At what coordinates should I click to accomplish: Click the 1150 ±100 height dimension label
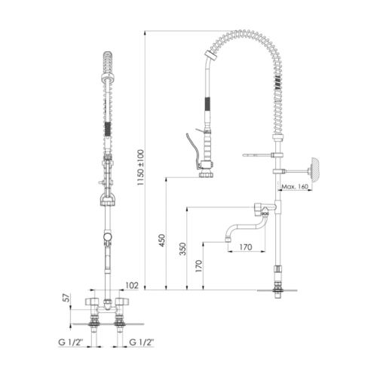coord(141,167)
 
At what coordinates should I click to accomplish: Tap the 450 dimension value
coord(162,241)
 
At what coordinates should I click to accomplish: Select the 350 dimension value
coord(182,249)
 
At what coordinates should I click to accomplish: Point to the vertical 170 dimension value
coord(198,266)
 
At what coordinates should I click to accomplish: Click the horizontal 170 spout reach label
coord(245,247)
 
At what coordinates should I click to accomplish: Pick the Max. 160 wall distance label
coord(295,187)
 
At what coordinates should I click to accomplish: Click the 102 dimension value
coord(132,286)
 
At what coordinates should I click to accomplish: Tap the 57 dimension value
coord(66,298)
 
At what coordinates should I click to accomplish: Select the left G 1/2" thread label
coord(71,342)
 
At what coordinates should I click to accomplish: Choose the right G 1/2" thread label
coord(141,342)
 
